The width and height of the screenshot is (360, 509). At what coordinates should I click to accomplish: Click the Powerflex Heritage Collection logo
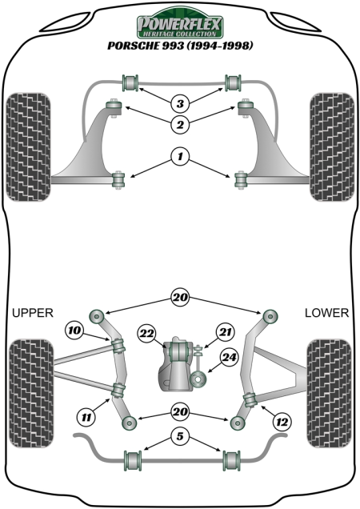pos(180,23)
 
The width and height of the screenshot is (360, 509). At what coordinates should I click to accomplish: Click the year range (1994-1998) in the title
pos(219,46)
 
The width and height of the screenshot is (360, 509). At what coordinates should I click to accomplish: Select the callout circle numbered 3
pos(180,103)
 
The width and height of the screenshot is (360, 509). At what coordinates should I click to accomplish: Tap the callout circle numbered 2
pos(180,124)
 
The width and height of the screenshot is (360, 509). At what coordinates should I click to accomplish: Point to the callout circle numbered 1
pos(180,157)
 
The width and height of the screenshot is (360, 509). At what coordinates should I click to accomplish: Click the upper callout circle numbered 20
pos(181,297)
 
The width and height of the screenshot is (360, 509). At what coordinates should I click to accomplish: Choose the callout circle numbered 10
pos(74,331)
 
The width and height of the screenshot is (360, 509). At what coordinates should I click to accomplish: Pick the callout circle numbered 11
pos(86,417)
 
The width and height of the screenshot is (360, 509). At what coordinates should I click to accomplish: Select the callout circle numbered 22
pos(146,334)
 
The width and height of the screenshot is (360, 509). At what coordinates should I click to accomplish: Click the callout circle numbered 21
pos(226,332)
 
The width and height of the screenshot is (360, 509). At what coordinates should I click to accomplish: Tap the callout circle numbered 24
pos(230,358)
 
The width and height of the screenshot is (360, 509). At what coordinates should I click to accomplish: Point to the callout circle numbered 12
pos(282,422)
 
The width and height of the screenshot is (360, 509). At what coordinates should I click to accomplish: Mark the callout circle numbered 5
pos(181,436)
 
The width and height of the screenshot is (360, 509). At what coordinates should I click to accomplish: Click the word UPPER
pos(33,313)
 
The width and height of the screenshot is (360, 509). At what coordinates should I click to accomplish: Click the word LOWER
pos(326,313)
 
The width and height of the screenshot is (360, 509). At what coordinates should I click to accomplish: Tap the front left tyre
pos(28,147)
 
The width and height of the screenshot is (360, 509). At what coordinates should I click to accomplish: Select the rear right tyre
pos(329,394)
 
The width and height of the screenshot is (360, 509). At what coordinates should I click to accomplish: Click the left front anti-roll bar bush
pos(130,82)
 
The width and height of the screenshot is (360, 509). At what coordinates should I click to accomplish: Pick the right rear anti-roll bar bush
pos(231,460)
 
